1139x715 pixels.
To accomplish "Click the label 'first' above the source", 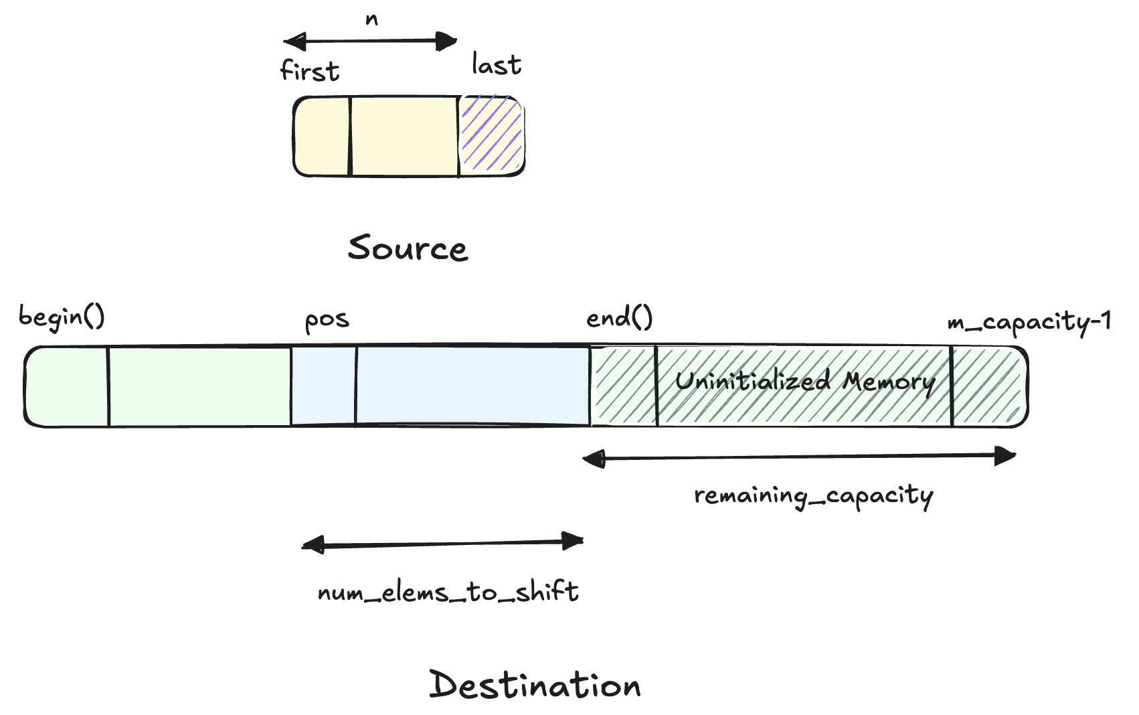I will pos(310,70).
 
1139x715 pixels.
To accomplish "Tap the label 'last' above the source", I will pos(496,65).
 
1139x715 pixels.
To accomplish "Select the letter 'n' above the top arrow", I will pos(372,19).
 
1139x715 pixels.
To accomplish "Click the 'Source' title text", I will pos(408,248).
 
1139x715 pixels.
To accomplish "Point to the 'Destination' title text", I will pos(535,685).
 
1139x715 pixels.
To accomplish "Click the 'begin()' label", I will pos(62,317).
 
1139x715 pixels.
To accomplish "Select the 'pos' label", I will pos(327,320).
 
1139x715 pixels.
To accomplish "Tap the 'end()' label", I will pos(619,317).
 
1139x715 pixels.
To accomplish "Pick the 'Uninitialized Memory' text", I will pos(804,382).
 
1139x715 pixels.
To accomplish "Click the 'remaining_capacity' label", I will pos(813,496).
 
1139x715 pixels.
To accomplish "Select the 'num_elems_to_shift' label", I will pos(448,592).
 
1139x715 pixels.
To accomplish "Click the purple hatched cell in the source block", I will pos(491,136).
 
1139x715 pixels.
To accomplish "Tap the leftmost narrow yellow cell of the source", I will pos(322,137).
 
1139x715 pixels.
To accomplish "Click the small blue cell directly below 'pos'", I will pos(324,386).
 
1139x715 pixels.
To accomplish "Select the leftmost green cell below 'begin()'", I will pos(67,386).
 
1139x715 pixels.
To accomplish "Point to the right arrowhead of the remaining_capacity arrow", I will pos(1006,457).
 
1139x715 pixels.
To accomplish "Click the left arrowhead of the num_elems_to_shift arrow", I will pos(313,545).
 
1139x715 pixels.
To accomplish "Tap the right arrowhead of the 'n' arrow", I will pos(446,42).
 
